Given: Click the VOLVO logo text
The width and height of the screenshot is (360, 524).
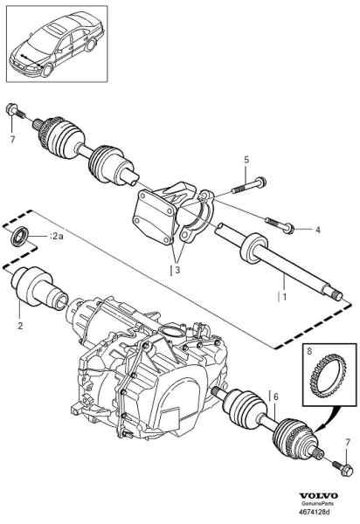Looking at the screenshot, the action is [318, 496].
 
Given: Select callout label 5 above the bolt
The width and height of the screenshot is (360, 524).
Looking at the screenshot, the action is [246, 160].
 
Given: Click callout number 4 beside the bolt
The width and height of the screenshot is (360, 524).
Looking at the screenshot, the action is [318, 230].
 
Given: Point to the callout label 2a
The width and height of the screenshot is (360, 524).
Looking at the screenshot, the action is [56, 237].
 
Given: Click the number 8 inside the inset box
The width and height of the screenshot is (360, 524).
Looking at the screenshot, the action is [309, 351].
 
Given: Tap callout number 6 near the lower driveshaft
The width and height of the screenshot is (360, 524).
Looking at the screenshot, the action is [276, 396].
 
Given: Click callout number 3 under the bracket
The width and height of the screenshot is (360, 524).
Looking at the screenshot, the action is [177, 270].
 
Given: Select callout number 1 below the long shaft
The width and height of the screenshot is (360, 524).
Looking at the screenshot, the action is [285, 296].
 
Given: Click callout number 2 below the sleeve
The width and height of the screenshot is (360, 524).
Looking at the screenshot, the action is [20, 326].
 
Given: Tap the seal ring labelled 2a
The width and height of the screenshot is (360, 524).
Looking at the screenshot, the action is [20, 236].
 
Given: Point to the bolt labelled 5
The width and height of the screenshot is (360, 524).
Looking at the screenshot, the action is [249, 186].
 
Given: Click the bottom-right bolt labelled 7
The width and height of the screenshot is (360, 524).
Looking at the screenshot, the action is [342, 467].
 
